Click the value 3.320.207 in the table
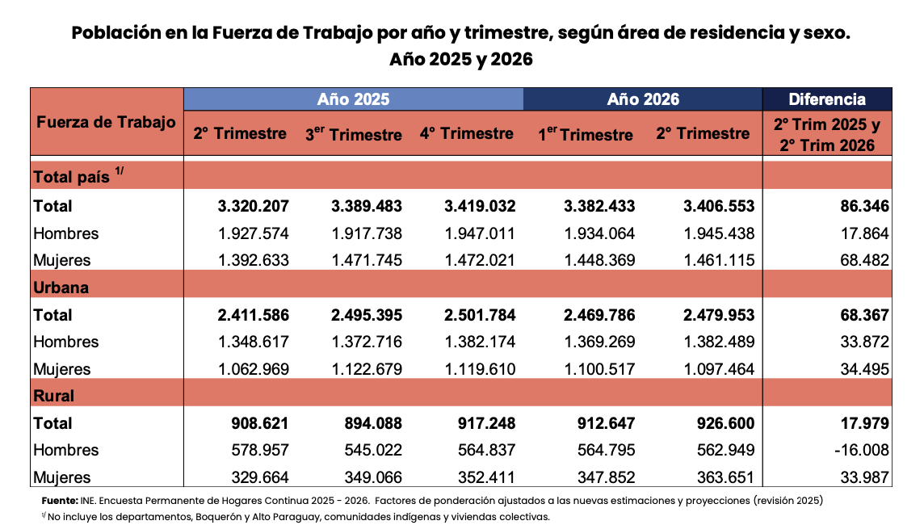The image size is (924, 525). click(x=254, y=206)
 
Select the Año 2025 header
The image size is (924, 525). click(x=354, y=99)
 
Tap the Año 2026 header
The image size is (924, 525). click(x=643, y=99)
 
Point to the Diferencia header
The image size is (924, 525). click(x=827, y=99)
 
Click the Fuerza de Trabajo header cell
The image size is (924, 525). click(x=106, y=122)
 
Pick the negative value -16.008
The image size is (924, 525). click(x=862, y=450)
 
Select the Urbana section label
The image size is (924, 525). click(x=61, y=288)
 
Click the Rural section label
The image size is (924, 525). click(x=54, y=396)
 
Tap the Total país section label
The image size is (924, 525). click(x=78, y=175)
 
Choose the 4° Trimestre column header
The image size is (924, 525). click(x=467, y=134)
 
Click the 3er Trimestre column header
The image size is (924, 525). click(x=354, y=134)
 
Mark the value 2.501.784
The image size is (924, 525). click(x=480, y=315)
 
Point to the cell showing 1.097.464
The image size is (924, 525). click(x=719, y=369)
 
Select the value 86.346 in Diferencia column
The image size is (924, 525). click(x=864, y=206)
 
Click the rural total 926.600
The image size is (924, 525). click(x=726, y=424)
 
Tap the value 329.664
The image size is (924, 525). click(x=260, y=477)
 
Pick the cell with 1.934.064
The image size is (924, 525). click(x=599, y=234)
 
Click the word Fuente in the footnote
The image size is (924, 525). click(x=60, y=501)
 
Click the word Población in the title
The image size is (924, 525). click(x=116, y=33)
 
